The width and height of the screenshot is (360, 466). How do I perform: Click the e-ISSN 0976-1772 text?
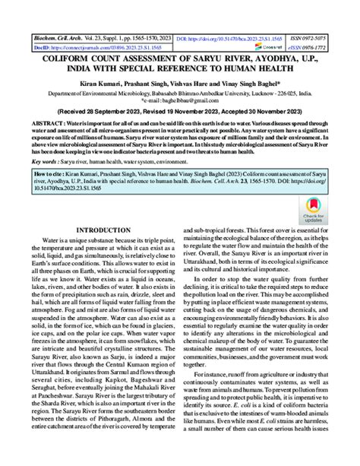[x=313, y=46]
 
